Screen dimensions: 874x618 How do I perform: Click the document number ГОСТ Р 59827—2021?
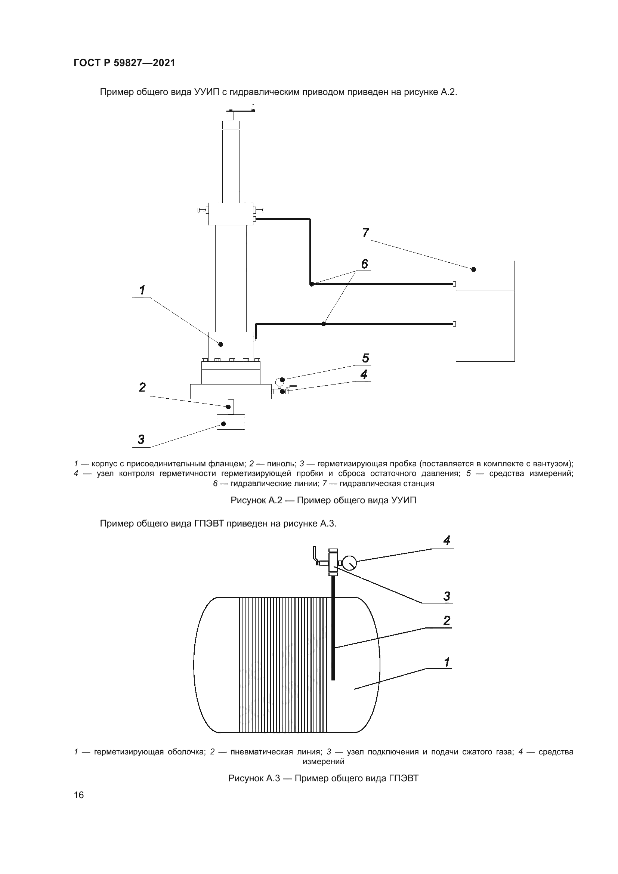click(x=124, y=63)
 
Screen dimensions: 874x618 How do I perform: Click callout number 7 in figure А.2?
click(x=365, y=232)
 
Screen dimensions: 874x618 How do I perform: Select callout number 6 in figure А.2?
click(x=364, y=264)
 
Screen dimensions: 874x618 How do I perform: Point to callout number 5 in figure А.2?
click(x=365, y=358)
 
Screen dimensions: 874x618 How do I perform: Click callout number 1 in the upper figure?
click(x=142, y=290)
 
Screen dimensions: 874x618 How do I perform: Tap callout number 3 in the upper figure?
click(x=141, y=439)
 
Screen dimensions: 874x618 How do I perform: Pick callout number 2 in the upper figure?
click(x=142, y=387)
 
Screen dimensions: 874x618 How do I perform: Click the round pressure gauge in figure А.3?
click(x=350, y=563)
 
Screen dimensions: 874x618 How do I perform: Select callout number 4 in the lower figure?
click(x=447, y=540)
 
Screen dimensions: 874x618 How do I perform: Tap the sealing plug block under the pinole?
click(x=231, y=422)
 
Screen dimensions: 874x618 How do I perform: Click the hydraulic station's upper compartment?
click(x=485, y=275)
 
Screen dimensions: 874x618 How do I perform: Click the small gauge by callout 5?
click(x=281, y=380)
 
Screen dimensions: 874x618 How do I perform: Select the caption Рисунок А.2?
click(x=323, y=500)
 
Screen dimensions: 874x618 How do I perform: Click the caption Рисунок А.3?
click(x=323, y=778)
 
